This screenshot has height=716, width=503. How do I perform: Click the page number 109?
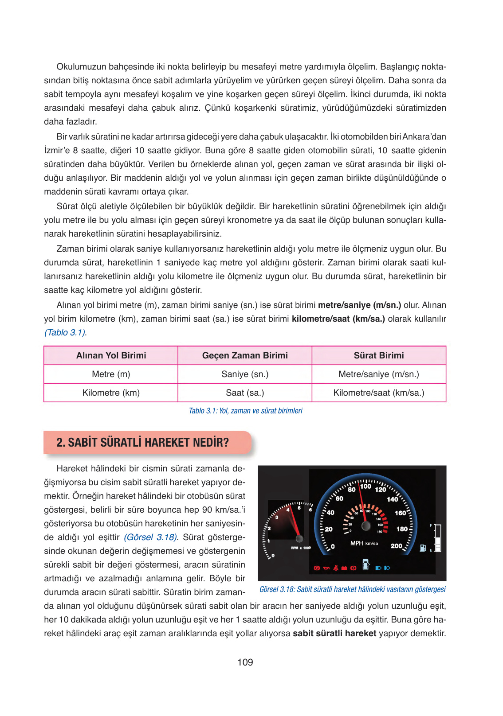[x=245, y=662]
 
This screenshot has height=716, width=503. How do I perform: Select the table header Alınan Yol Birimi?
[x=111, y=355]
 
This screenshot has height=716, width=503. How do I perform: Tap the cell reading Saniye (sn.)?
[x=245, y=374]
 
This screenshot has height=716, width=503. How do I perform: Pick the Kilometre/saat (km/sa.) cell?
[x=379, y=393]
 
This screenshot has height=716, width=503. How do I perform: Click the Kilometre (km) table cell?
[x=111, y=393]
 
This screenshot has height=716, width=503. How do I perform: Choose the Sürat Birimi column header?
[x=379, y=355]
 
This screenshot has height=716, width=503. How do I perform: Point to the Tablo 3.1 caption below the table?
[x=245, y=411]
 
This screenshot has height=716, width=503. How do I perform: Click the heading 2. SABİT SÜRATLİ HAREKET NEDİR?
[x=142, y=442]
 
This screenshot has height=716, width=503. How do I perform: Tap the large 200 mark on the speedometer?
[x=396, y=546]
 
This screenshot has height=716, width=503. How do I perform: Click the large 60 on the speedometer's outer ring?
[x=339, y=498]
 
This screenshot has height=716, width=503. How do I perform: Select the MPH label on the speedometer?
[x=357, y=543]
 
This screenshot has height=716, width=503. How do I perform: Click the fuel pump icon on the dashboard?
[x=423, y=548]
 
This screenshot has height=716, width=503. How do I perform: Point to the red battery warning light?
[x=344, y=568]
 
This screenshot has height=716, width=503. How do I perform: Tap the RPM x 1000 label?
[x=301, y=548]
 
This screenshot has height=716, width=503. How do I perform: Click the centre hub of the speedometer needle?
[x=366, y=526]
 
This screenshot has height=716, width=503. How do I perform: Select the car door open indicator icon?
[x=366, y=564]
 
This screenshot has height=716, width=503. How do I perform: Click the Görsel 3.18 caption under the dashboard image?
[x=352, y=589]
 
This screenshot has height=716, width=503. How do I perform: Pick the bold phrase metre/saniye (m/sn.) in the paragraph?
[x=359, y=305]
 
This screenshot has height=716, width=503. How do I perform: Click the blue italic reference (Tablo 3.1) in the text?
[x=65, y=332]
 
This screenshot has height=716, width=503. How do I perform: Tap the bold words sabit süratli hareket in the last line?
[x=334, y=633]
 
